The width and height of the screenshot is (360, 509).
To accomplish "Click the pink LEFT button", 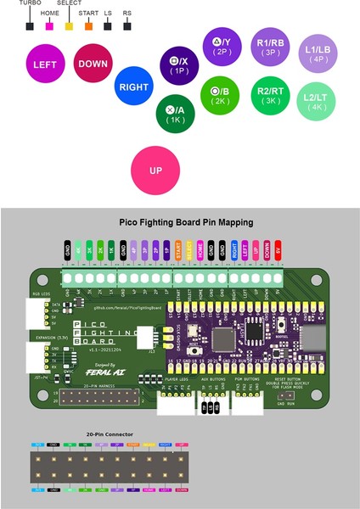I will [x=45, y=65].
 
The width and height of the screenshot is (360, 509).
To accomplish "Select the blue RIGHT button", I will [x=133, y=87].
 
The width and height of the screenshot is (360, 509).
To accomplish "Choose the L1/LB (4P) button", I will [x=318, y=54].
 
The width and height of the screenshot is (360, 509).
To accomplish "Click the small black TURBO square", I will [x=30, y=26].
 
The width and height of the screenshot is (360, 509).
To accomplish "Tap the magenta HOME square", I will [x=49, y=26].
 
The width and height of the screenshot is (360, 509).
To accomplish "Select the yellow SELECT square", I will [x=68, y=26].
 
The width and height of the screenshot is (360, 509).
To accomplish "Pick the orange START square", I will [x=87, y=26].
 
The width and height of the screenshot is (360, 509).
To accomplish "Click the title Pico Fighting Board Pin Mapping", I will [x=180, y=222].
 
